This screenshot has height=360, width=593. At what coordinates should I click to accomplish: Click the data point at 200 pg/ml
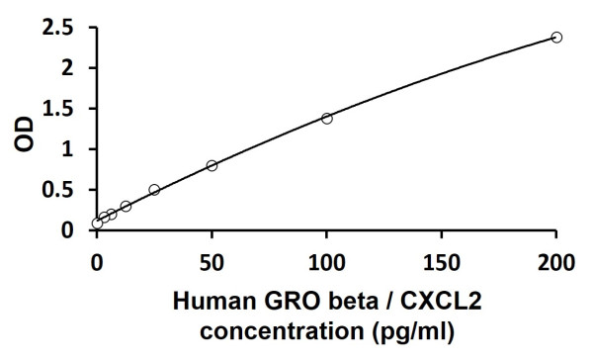point(556,38)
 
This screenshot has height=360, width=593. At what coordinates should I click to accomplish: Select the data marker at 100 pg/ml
point(326,119)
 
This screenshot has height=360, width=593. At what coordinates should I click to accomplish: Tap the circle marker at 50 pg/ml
point(212,166)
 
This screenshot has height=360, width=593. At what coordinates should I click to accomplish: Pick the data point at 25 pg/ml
point(154,190)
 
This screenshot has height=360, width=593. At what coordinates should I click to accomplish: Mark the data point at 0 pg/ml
point(97,224)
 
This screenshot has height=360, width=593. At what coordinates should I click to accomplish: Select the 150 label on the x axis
point(441,262)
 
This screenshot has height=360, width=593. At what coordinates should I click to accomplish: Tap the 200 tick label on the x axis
point(556,262)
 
